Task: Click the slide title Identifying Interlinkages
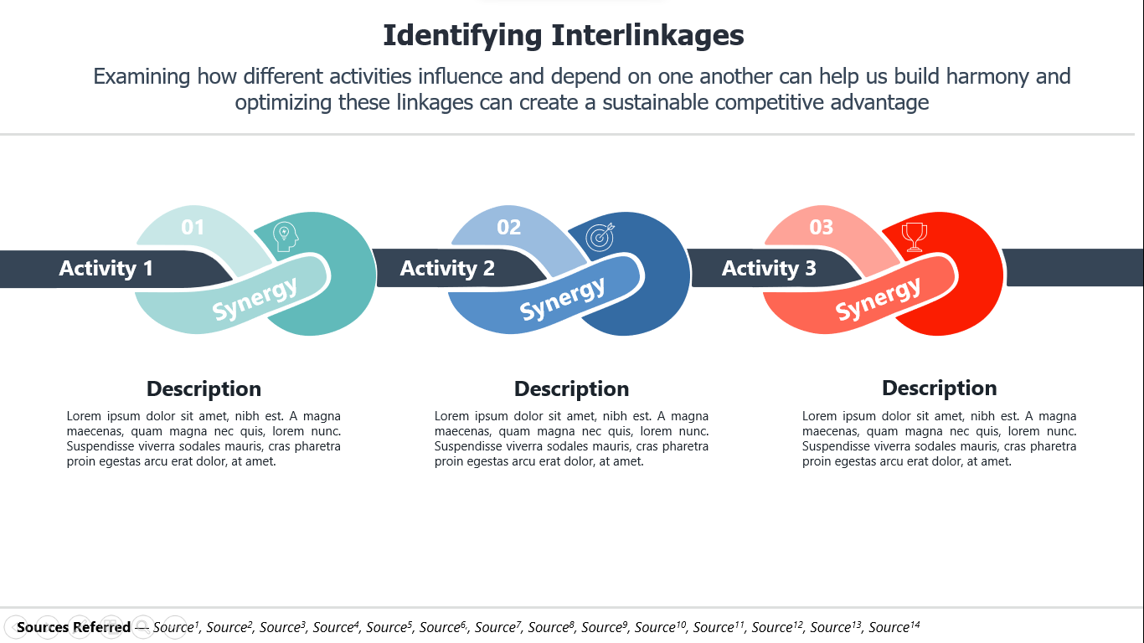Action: tap(564, 36)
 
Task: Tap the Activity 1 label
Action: tap(106, 268)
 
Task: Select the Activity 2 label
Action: tap(447, 268)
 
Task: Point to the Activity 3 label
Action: tap(769, 268)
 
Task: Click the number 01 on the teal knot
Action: tap(193, 227)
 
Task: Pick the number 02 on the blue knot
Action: tap(508, 227)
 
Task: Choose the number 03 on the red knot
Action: tap(822, 227)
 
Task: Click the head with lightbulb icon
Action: tap(286, 237)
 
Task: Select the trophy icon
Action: tap(915, 237)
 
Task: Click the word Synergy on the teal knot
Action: tap(255, 299)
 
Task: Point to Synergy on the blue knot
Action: tap(562, 299)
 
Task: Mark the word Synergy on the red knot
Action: tap(878, 299)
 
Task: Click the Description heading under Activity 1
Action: tap(204, 389)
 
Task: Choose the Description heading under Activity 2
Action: tap(571, 389)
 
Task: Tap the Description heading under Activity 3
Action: tap(939, 388)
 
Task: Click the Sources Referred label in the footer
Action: tap(74, 627)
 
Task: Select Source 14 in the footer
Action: tap(894, 626)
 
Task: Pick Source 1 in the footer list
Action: tap(175, 626)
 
